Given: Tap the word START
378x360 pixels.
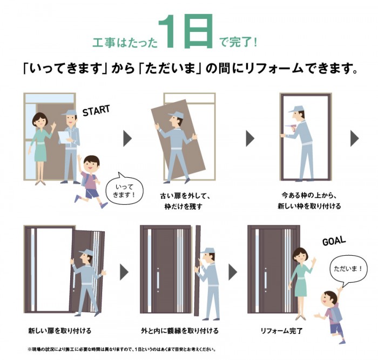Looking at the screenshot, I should tap(96, 110).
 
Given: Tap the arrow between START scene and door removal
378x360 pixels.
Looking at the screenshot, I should tap(127, 138).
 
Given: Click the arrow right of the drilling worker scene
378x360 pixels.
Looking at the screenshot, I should tap(354, 138).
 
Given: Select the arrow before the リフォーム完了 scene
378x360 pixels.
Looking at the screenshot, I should tap(233, 271).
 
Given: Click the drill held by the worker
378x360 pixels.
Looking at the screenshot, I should tap(285, 128).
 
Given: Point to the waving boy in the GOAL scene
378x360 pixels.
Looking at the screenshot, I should tap(331, 316).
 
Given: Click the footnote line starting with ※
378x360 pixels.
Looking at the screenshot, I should tap(122, 349).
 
